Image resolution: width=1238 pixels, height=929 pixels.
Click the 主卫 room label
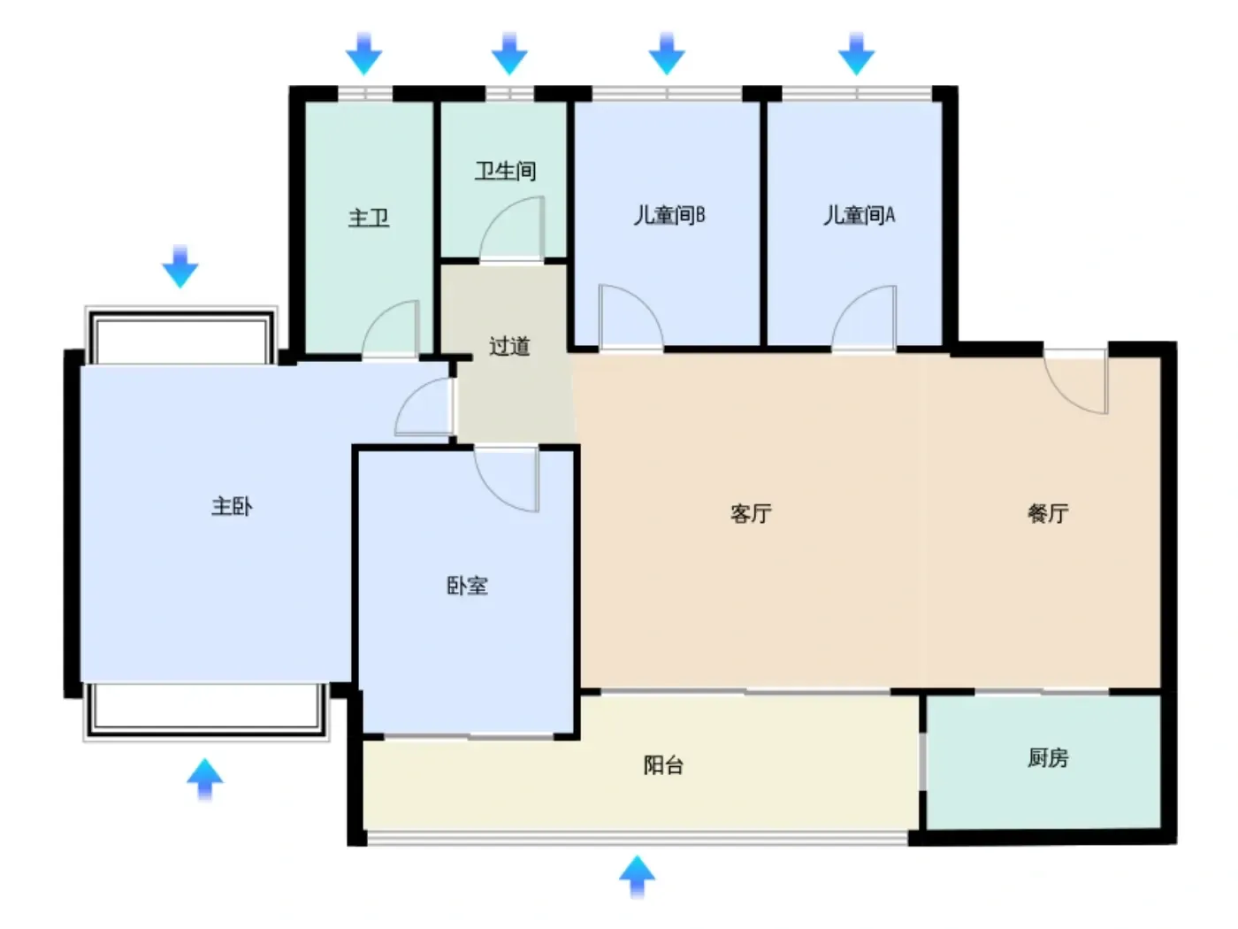[x=369, y=218]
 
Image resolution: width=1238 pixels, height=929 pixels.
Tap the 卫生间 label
[x=505, y=171]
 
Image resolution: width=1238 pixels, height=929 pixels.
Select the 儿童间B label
[x=669, y=215]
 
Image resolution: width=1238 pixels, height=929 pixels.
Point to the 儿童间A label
[x=859, y=215]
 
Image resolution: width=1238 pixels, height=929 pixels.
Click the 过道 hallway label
[x=509, y=346]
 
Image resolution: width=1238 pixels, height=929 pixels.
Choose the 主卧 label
[x=232, y=506]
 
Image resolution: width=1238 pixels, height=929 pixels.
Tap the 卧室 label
[x=467, y=586]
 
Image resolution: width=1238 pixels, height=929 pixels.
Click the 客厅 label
[x=751, y=513]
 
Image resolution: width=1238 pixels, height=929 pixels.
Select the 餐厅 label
[x=1047, y=513]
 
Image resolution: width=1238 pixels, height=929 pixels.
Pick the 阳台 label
[x=663, y=765]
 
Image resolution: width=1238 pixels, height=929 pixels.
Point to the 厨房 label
[x=1047, y=758]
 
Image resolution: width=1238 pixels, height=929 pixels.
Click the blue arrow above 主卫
[x=363, y=54]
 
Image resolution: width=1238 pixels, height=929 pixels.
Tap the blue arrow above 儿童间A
[x=856, y=54]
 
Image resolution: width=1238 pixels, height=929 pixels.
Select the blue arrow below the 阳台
[x=637, y=877]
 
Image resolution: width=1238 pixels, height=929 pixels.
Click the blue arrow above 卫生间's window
[x=509, y=54]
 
